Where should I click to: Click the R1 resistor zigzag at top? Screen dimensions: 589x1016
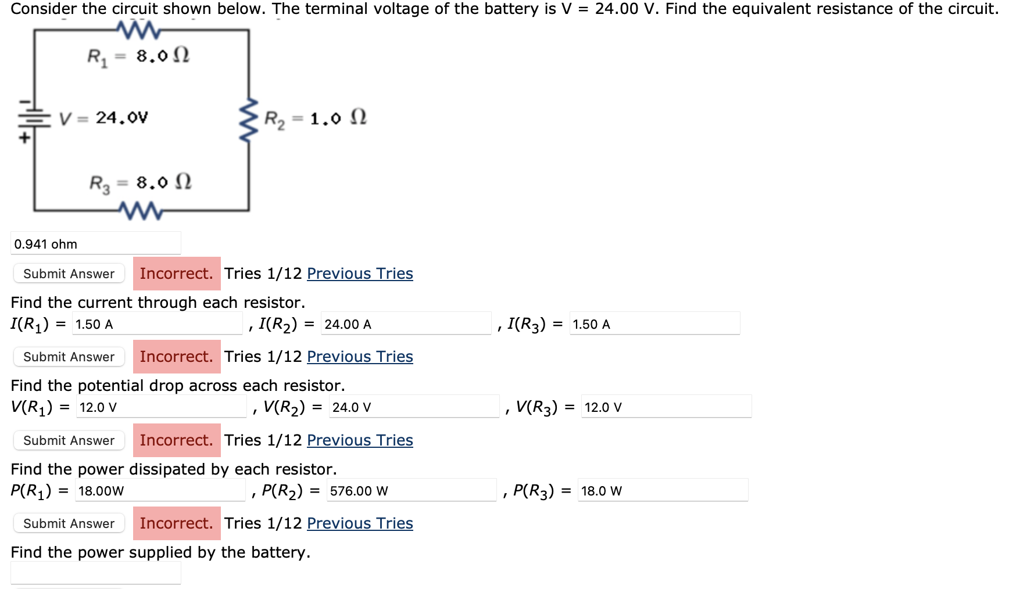[138, 29]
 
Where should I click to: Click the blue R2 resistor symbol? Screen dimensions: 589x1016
[249, 120]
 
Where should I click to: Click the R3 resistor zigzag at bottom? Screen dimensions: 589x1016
[141, 210]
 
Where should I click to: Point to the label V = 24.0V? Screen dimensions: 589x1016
[104, 118]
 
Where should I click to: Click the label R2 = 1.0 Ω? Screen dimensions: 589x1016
[315, 118]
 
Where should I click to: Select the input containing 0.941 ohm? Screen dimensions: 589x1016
[96, 244]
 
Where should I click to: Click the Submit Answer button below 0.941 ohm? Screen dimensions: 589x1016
[69, 274]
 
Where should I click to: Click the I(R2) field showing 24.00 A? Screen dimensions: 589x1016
[406, 324]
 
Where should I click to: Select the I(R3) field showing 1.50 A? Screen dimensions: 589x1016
[654, 324]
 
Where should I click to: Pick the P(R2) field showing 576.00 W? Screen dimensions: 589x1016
[412, 491]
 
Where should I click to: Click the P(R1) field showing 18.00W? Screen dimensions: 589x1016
[160, 491]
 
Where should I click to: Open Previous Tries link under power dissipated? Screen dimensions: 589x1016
[360, 523]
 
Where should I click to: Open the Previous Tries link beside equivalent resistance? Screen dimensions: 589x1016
[360, 274]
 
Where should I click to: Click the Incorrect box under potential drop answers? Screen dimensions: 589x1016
[177, 440]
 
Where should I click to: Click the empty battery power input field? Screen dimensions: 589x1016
[96, 573]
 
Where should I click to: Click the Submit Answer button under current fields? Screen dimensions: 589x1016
[69, 357]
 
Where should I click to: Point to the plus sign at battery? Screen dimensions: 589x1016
[24, 138]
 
